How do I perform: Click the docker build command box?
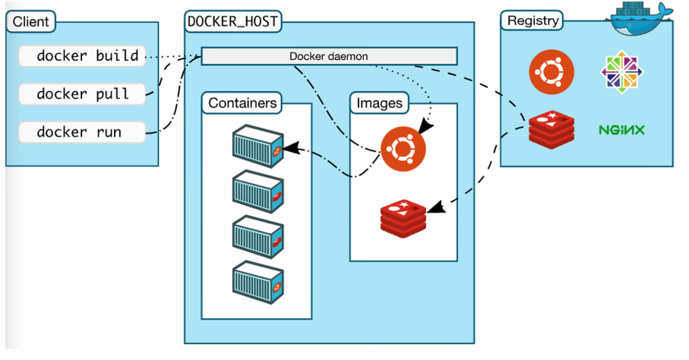click(x=82, y=56)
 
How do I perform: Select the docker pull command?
click(x=82, y=94)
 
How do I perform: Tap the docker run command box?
click(x=82, y=132)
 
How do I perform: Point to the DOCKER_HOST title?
click(x=232, y=22)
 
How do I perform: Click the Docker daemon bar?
click(x=329, y=56)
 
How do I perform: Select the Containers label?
click(x=242, y=103)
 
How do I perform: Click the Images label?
click(x=379, y=103)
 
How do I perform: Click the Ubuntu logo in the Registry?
click(x=551, y=73)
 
